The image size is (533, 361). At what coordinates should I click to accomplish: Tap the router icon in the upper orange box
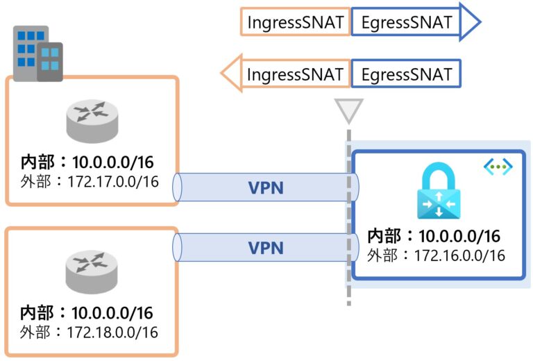pos(92,119)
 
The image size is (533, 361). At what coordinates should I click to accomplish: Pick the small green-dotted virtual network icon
pos(498,167)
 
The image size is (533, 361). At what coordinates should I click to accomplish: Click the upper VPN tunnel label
pos(266,187)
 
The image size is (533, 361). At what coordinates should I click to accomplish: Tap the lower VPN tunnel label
pos(266,246)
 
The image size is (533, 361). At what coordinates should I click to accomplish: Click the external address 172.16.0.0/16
pos(459,255)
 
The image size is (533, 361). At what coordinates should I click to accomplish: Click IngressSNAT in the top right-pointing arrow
pos(296,22)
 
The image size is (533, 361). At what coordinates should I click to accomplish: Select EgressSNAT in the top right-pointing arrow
pos(406,22)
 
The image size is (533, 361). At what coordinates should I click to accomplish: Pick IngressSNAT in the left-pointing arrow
pos(296,74)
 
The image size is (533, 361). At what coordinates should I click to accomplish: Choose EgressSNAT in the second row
pos(406,74)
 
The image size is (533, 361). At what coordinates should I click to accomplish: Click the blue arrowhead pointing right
pos(470,22)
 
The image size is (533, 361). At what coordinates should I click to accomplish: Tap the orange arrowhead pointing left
pos(230,74)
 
